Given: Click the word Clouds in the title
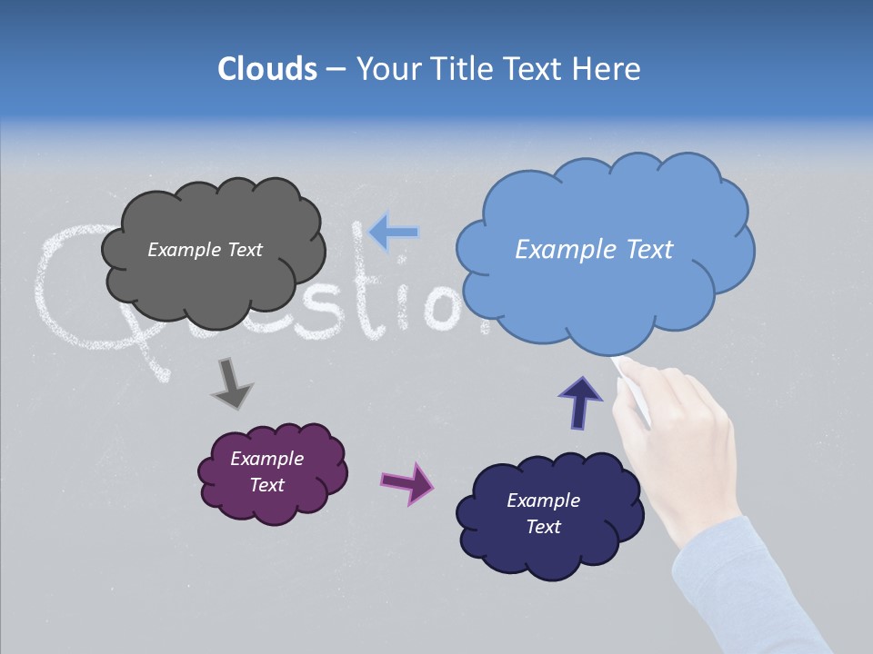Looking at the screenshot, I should (267, 68).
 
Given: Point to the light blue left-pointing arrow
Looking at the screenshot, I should (394, 233).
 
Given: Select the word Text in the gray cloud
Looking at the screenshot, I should (243, 250).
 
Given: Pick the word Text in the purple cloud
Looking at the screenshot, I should (266, 485).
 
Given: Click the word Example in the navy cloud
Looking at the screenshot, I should (543, 500).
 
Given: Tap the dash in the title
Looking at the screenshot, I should (335, 69).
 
